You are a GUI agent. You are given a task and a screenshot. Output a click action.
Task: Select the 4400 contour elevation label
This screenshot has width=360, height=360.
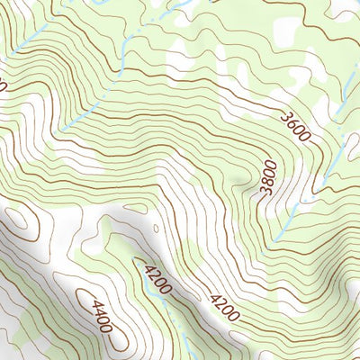(101, 316)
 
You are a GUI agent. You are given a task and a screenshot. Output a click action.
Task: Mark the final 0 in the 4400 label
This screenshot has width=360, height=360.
(108, 326)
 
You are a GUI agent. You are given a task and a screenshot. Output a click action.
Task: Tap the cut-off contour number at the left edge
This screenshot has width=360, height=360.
(3, 86)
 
